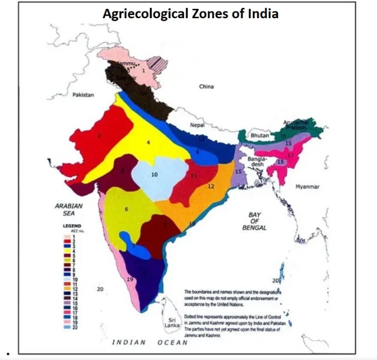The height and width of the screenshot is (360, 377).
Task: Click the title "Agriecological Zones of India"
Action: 190,14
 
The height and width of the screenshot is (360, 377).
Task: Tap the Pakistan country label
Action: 83,95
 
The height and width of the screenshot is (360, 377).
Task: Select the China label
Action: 206,86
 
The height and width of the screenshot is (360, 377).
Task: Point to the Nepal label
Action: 196,125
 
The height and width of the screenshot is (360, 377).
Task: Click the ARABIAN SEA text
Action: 69,209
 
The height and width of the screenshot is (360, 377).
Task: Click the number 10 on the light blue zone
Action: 154,175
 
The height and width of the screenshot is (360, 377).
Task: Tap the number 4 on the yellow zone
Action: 148,142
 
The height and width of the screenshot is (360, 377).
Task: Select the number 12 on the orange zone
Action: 211,186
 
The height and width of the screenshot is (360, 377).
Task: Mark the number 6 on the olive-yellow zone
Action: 126,209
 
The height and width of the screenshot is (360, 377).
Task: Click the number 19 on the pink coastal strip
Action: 131,279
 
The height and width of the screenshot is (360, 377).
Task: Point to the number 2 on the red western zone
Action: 98,136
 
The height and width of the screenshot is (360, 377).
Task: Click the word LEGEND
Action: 71,226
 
